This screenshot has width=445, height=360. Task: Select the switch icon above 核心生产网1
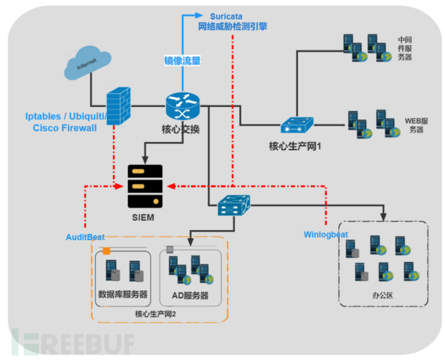click(297, 125)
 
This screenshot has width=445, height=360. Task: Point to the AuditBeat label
click(85, 237)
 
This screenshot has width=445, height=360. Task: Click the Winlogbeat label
click(326, 234)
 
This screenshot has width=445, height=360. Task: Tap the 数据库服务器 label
click(123, 295)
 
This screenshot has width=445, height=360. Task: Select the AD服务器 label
click(190, 295)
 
